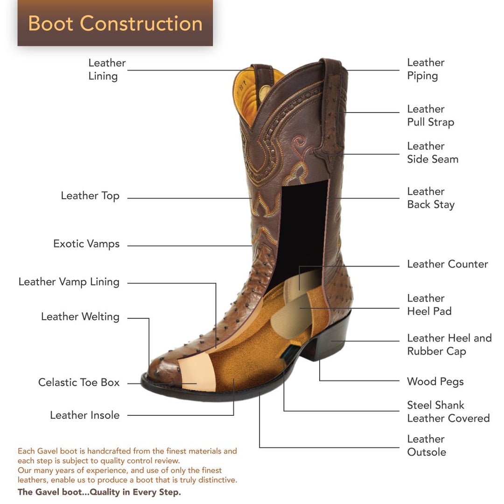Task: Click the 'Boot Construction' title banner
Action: [115, 23]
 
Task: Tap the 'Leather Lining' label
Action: [107, 70]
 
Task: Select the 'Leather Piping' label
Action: [426, 69]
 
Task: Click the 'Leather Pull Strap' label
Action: [430, 115]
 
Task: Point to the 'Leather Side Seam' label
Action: [433, 153]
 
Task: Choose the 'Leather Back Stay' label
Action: [431, 198]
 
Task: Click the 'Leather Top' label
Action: [90, 196]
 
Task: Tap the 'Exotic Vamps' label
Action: [86, 244]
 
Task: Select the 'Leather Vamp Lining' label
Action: [69, 282]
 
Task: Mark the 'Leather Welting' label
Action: [80, 317]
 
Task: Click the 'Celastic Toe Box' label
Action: [79, 383]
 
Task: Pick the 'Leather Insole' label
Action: [84, 415]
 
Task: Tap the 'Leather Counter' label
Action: [447, 264]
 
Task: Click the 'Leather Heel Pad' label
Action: [429, 305]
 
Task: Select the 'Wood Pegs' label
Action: [435, 382]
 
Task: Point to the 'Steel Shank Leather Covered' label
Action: [448, 412]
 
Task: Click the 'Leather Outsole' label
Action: [427, 446]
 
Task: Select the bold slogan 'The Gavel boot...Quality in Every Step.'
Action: [99, 492]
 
